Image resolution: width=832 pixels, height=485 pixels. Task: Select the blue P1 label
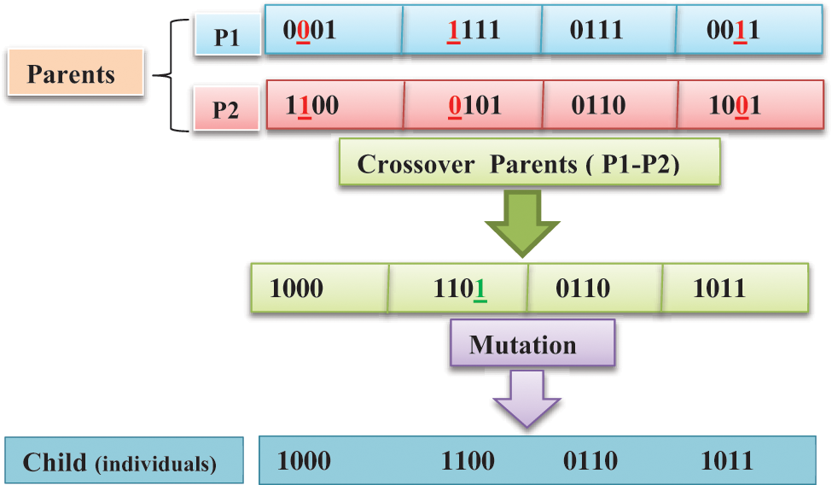pyautogui.click(x=225, y=35)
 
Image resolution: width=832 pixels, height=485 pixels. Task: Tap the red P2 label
pyautogui.click(x=225, y=109)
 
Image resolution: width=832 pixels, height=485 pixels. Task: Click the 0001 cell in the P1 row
pyautogui.click(x=333, y=30)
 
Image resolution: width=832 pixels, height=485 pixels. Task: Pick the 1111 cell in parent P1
pyautogui.click(x=471, y=30)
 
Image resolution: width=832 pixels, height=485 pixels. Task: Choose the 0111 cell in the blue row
pyautogui.click(x=608, y=30)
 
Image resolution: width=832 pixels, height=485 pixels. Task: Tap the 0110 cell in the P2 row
pyautogui.click(x=610, y=105)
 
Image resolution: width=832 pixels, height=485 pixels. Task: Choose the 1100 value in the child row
pyautogui.click(x=467, y=461)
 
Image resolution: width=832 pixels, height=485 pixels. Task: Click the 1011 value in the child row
pyautogui.click(x=727, y=461)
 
